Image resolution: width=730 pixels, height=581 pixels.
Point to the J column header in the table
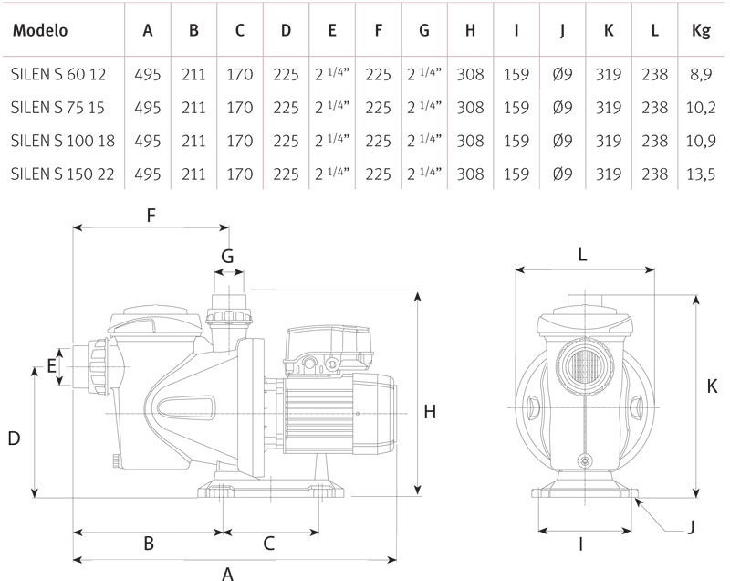pos(563,29)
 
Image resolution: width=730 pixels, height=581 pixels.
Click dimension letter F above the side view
pos(151,217)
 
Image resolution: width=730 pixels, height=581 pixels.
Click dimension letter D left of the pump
pos(14,439)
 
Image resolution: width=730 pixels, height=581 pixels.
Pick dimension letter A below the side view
pos(228,572)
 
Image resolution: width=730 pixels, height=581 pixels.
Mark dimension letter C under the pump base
pos(269,544)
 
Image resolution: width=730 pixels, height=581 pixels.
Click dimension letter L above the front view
pos(584,257)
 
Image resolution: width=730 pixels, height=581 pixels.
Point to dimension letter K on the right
pos(712,386)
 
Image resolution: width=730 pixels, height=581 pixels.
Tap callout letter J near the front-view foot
pos(691,527)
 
